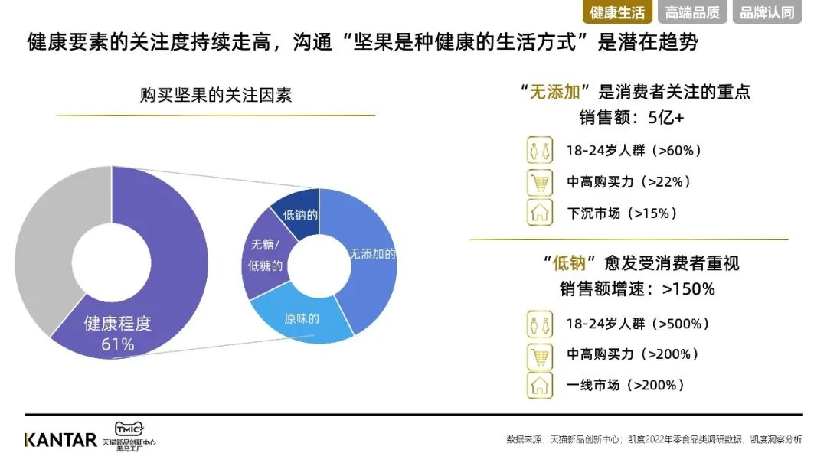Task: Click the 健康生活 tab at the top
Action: tap(617, 12)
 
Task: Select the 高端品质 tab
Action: tap(692, 12)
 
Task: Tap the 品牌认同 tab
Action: tap(767, 12)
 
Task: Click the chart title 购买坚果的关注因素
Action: tap(216, 95)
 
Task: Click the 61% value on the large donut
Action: tap(118, 344)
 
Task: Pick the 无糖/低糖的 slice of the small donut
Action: tap(263, 256)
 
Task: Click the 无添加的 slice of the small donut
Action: tap(369, 259)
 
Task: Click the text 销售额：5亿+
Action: tap(631, 117)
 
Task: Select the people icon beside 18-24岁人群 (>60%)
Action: tap(540, 150)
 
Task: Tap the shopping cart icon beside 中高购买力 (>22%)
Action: tap(540, 182)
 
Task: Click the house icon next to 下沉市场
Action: tap(540, 213)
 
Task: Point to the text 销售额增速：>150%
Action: tap(636, 289)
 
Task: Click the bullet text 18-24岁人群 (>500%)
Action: tap(637, 323)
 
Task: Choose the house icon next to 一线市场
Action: tap(540, 386)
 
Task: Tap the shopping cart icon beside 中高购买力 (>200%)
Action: tap(540, 356)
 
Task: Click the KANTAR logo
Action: tap(60, 440)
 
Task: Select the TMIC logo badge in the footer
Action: tap(129, 429)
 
